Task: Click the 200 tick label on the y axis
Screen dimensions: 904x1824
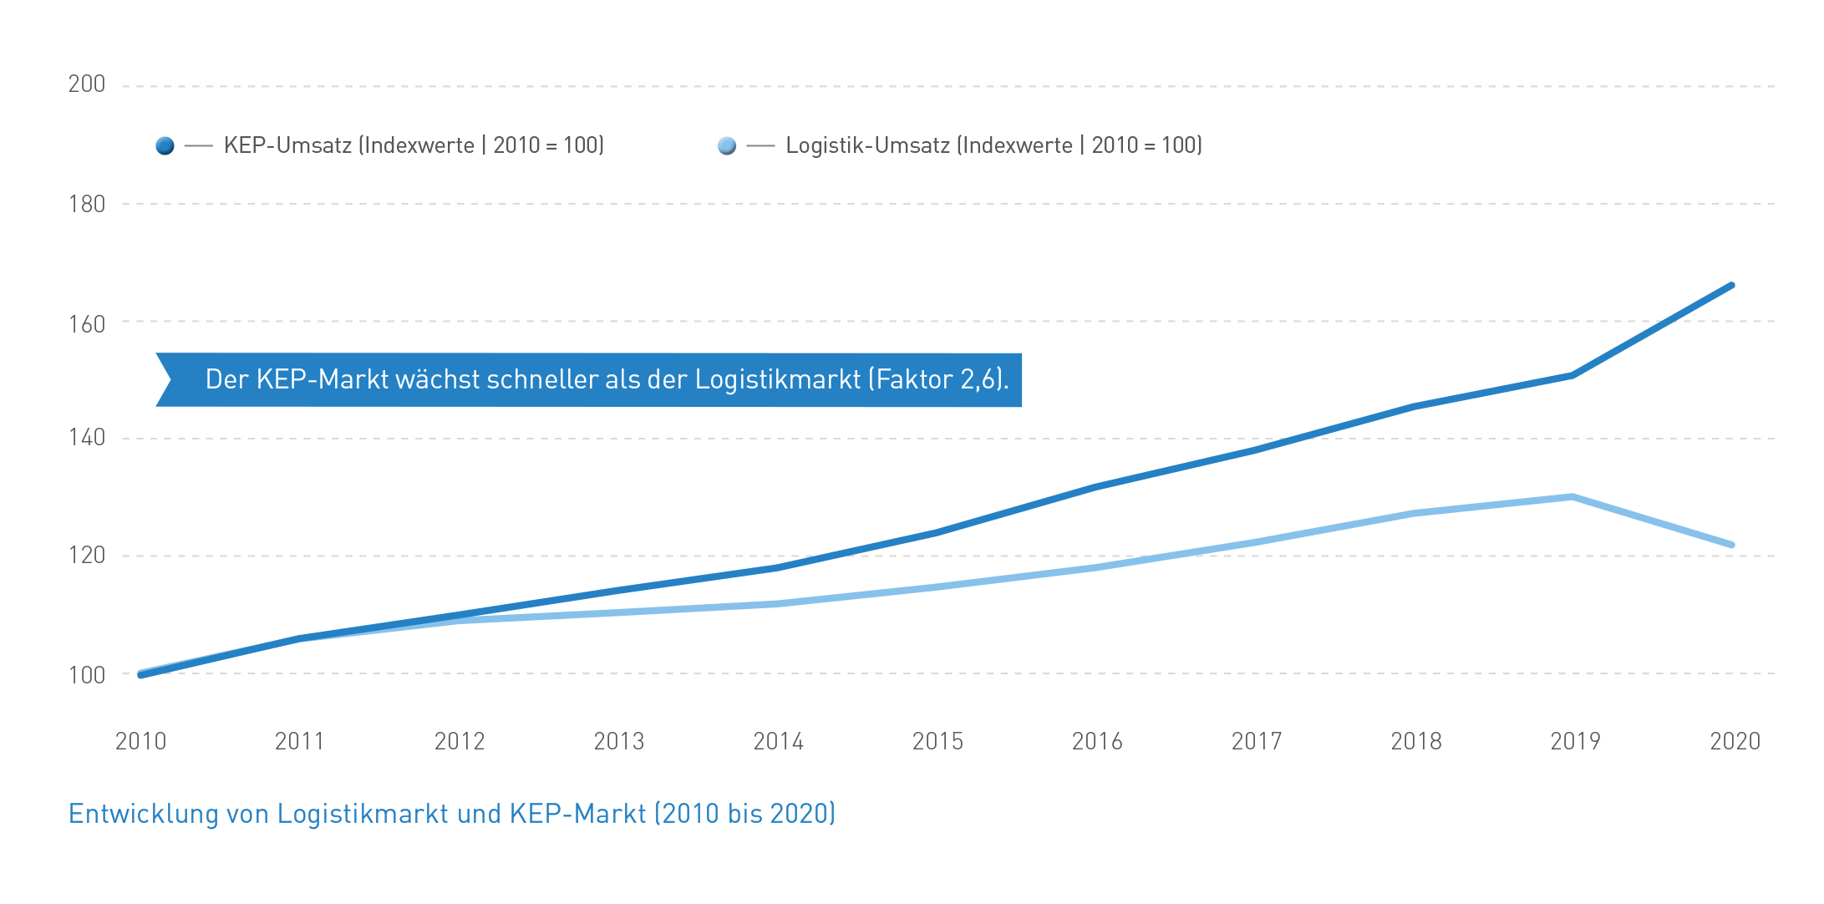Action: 87,84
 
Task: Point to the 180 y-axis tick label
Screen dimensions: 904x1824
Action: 87,204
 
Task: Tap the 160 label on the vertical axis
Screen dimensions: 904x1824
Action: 87,324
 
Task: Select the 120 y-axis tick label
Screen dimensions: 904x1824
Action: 87,556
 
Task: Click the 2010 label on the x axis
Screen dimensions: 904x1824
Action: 140,741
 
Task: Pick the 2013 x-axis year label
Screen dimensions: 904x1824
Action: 619,741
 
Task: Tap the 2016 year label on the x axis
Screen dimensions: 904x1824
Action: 1097,741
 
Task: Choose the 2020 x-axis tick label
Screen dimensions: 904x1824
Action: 1735,741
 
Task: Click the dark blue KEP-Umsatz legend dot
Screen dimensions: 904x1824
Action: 165,146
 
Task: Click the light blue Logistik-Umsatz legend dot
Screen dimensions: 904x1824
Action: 727,146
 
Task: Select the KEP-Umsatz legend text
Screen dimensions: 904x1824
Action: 414,145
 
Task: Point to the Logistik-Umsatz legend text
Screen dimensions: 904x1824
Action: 993,145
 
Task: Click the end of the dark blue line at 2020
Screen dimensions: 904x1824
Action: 1731,286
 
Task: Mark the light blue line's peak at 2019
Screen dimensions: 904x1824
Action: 1573,497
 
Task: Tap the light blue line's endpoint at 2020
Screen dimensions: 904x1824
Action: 1731,545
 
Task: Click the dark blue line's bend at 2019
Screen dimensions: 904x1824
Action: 1573,375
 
